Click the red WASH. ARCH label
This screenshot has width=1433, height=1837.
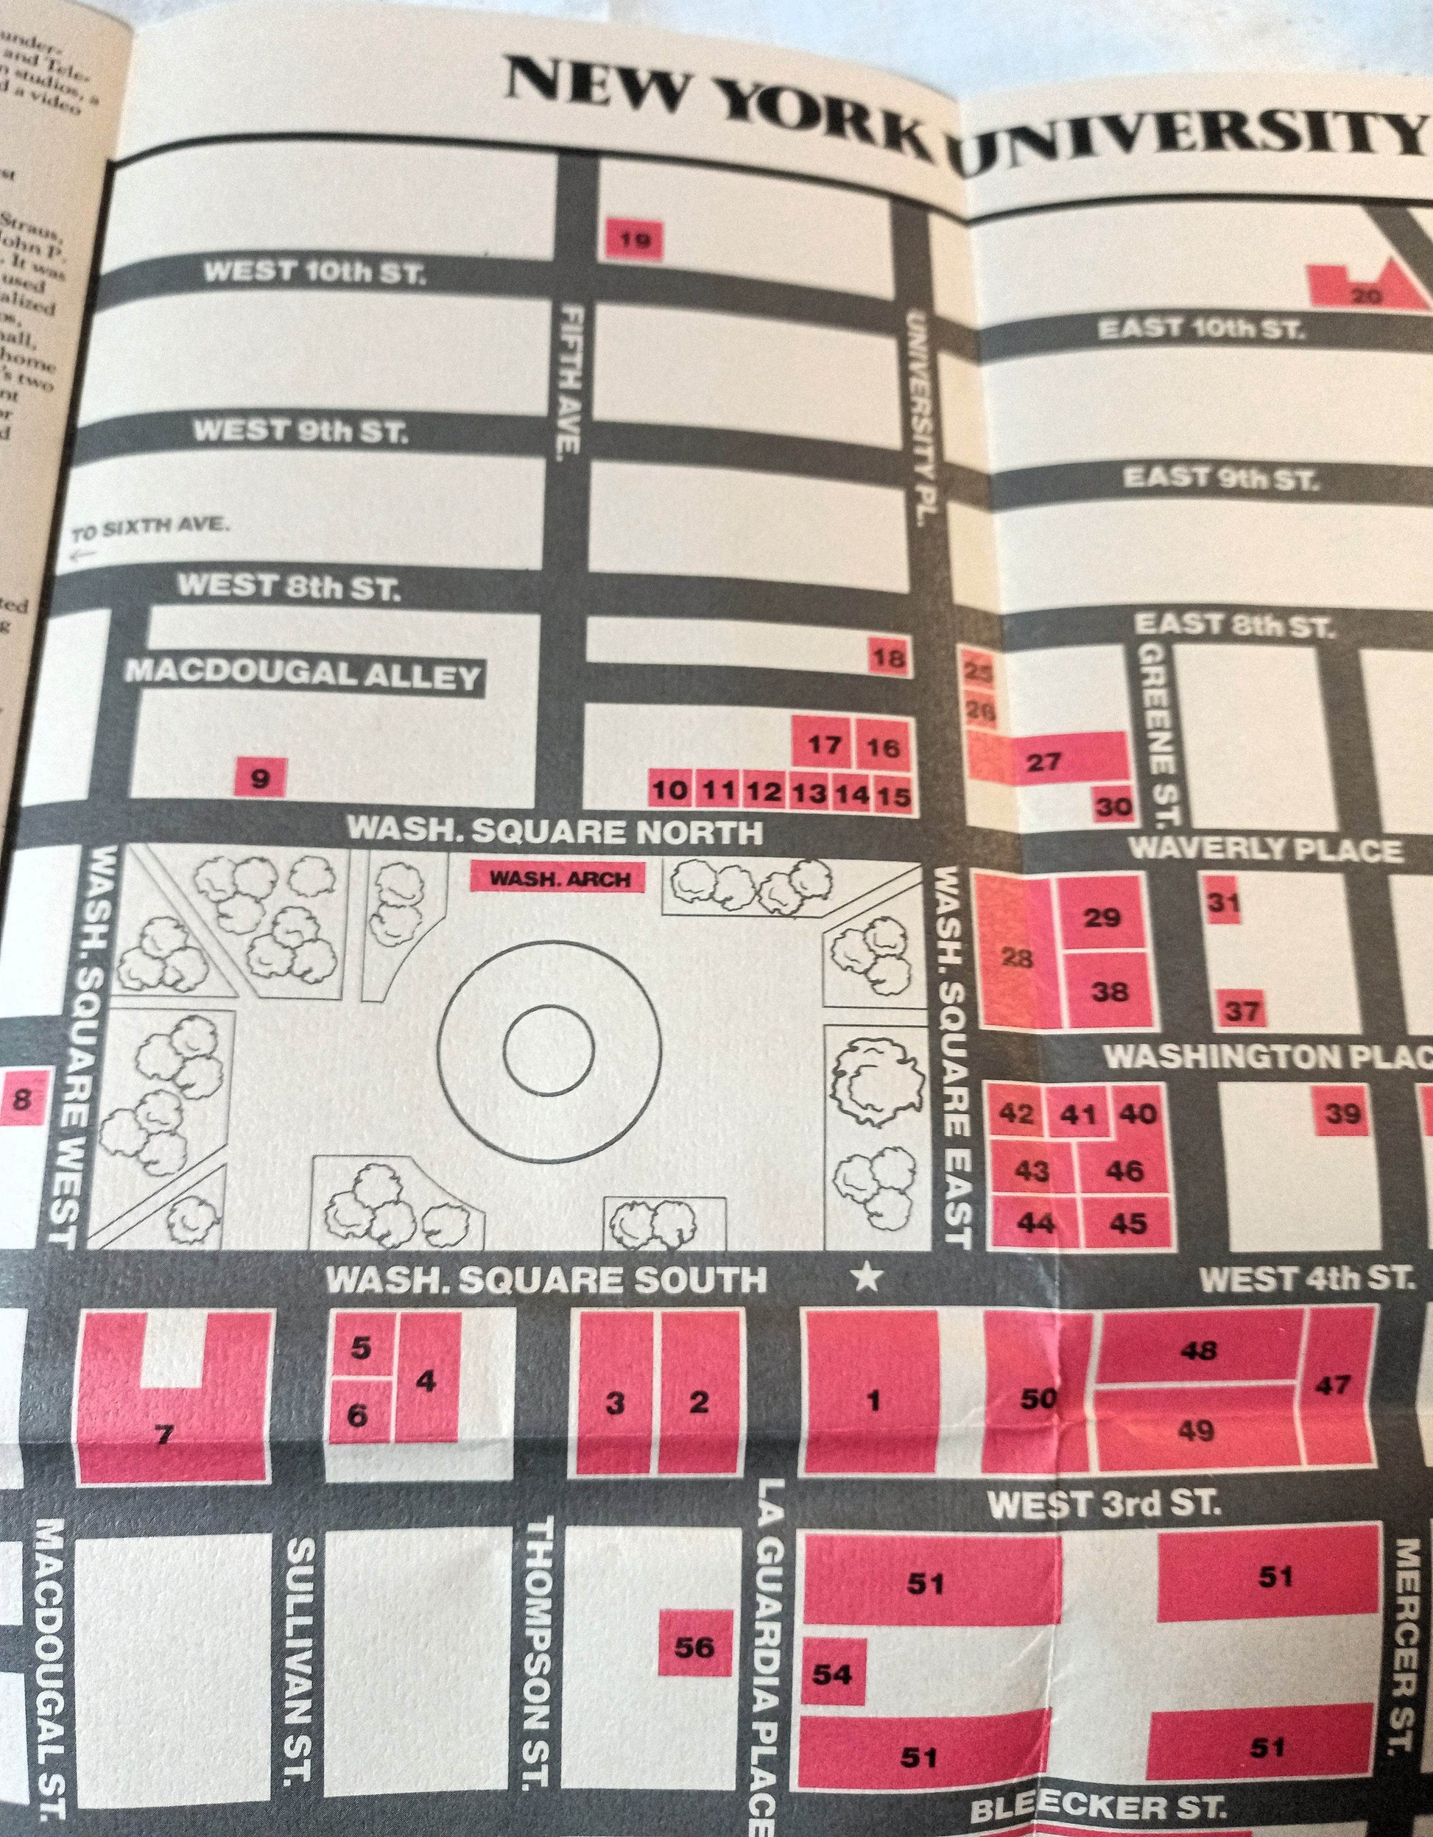560,878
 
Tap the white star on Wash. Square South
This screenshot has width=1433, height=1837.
867,1280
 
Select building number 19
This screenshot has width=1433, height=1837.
635,241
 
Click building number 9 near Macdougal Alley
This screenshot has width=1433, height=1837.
260,779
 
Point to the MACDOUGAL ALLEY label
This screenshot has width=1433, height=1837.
304,675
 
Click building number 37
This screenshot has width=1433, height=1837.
1241,1010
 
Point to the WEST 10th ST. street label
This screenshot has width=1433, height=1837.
314,273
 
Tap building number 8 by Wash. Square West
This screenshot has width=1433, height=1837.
23,1099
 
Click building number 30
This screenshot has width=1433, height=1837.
1115,805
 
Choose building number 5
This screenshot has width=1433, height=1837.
360,1348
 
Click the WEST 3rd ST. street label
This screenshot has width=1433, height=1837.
1102,1505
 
